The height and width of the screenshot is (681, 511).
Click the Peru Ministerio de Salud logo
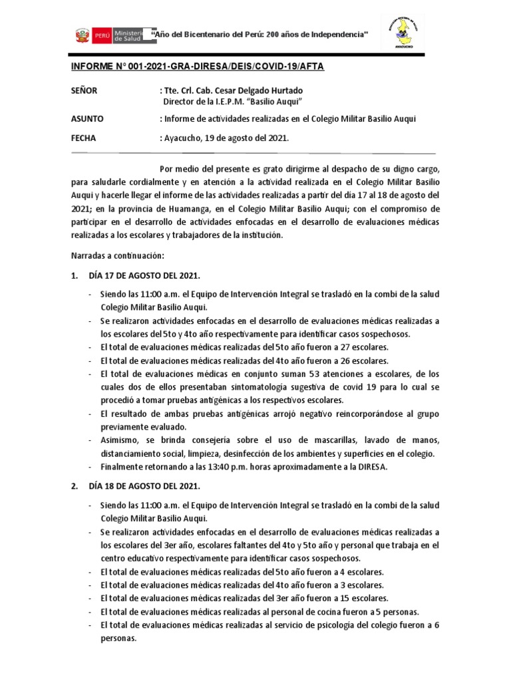click(x=113, y=34)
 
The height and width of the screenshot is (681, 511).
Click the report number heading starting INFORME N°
click(x=198, y=67)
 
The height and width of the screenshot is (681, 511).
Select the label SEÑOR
click(x=84, y=90)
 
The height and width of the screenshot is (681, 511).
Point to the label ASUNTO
click(x=87, y=119)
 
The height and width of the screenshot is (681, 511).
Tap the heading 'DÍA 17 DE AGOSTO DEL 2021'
click(x=144, y=275)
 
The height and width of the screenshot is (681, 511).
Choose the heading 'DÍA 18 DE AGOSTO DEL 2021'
click(x=144, y=487)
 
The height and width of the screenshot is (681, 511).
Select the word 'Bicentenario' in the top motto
click(x=212, y=33)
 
